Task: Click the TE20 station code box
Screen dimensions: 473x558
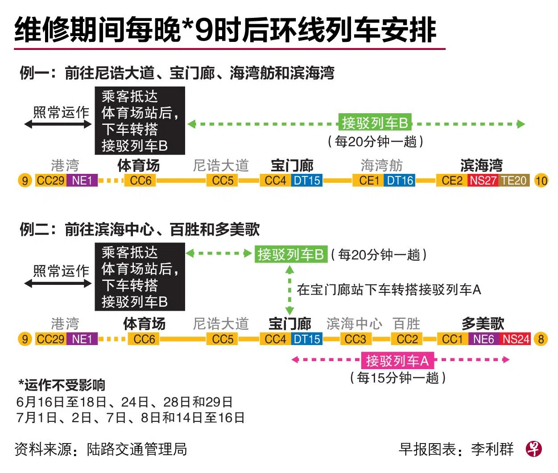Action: point(514,181)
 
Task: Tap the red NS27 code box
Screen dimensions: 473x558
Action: point(483,181)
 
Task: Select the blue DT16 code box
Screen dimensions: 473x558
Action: point(400,181)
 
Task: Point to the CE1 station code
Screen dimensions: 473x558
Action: point(369,181)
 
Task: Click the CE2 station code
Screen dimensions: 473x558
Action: point(452,181)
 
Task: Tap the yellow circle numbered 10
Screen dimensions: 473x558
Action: point(541,181)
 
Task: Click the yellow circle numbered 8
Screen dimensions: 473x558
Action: point(541,339)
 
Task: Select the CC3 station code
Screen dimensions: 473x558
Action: point(355,339)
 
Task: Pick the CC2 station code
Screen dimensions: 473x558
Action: point(407,339)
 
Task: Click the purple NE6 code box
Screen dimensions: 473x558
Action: point(484,339)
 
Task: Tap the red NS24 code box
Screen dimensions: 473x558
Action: point(516,339)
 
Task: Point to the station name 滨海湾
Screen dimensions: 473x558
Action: point(481,165)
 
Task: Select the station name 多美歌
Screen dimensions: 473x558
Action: point(483,324)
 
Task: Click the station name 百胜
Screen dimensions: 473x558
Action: point(406,324)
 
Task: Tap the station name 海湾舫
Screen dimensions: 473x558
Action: point(381,165)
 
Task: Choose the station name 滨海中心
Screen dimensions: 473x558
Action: point(354,324)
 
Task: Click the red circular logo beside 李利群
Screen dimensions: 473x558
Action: point(533,449)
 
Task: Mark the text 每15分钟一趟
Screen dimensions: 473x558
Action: point(398,378)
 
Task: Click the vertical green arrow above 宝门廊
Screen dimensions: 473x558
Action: point(289,290)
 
